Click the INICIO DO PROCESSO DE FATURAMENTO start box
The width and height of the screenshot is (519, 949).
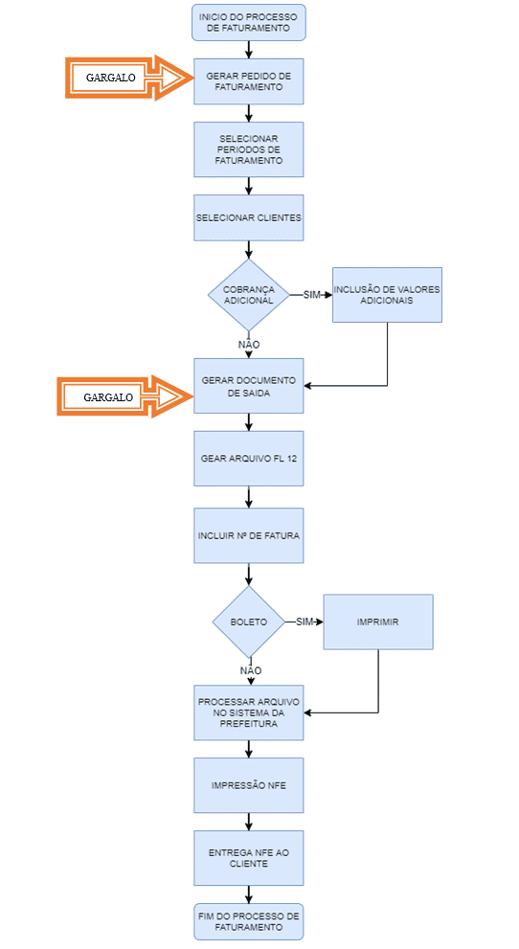pos(249,22)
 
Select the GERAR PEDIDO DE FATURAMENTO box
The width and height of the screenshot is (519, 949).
pos(249,81)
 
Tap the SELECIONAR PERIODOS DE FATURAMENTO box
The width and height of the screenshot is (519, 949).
pos(249,149)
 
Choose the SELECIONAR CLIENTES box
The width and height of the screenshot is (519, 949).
pos(249,218)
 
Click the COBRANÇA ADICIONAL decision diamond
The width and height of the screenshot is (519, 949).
pos(249,295)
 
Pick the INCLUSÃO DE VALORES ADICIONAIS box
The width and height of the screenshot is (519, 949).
pos(387,295)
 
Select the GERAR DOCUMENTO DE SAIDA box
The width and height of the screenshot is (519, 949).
pos(249,386)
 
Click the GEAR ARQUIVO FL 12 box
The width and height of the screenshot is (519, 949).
pos(249,458)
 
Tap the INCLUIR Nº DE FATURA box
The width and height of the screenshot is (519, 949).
pos(249,535)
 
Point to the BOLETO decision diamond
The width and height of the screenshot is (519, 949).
pos(249,621)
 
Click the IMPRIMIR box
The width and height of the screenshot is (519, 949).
pos(378,621)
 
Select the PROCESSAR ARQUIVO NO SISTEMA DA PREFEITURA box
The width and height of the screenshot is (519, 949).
pos(249,712)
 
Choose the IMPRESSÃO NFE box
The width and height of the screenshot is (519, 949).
pos(249,785)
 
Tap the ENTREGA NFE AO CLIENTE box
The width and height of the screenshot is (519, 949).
pos(249,858)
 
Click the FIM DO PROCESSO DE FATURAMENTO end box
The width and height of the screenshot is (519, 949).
pos(249,922)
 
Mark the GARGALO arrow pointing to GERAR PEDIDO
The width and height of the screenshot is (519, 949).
pos(129,78)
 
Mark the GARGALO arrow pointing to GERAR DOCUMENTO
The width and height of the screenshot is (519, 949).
pos(125,397)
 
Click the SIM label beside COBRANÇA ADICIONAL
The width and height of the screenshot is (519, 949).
pos(311,295)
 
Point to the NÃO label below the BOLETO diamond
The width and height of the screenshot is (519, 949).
pos(251,670)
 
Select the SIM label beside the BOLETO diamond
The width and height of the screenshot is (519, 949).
pos(305,621)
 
